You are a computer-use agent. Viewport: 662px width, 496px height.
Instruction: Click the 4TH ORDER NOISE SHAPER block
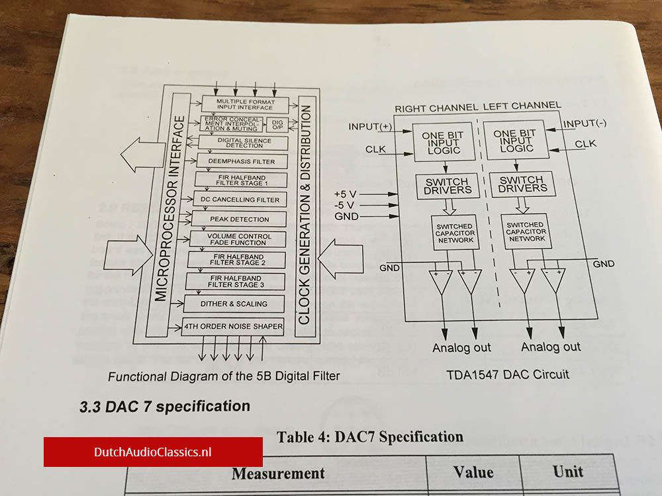click(x=234, y=326)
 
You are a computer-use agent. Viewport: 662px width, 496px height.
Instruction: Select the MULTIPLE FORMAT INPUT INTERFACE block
click(x=244, y=104)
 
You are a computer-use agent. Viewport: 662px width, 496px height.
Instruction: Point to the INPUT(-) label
click(x=585, y=124)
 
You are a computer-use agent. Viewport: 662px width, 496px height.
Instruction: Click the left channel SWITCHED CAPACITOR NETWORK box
click(x=526, y=232)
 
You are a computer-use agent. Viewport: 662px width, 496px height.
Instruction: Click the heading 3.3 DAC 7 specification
click(x=165, y=406)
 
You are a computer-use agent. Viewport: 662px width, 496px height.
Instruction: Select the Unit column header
click(x=567, y=471)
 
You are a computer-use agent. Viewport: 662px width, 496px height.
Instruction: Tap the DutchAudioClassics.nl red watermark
click(x=153, y=452)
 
